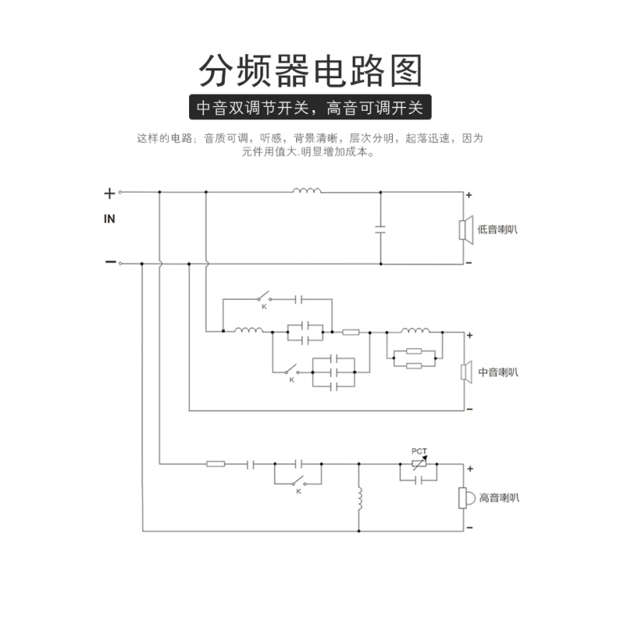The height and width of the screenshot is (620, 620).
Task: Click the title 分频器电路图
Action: pyautogui.click(x=310, y=71)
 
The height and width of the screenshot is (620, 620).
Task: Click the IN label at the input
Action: pyautogui.click(x=109, y=219)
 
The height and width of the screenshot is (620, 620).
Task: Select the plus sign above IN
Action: pyautogui.click(x=109, y=193)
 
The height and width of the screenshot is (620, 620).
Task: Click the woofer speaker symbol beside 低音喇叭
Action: pyautogui.click(x=464, y=229)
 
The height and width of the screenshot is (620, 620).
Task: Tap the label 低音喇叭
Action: pyautogui.click(x=498, y=229)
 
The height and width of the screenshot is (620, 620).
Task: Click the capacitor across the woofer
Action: pyautogui.click(x=381, y=229)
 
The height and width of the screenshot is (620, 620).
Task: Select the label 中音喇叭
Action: pyautogui.click(x=498, y=372)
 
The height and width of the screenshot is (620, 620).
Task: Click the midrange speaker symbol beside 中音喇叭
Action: pyautogui.click(x=465, y=372)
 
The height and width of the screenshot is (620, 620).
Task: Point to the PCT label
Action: pyautogui.click(x=418, y=451)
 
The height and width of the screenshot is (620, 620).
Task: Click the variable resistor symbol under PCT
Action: pyautogui.click(x=418, y=465)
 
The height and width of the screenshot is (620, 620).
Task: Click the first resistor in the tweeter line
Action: pyautogui.click(x=216, y=464)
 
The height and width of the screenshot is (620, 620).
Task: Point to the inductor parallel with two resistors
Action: pyautogui.click(x=415, y=332)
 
